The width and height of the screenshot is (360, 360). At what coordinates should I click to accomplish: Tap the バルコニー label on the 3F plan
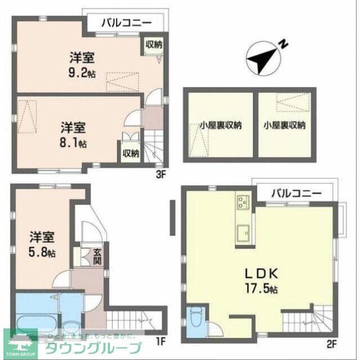click(127, 24)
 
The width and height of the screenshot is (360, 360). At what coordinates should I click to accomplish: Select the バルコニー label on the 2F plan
click(296, 193)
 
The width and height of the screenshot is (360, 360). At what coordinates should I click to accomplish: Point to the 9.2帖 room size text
click(81, 71)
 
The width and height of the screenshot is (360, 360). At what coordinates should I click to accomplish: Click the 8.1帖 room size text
click(73, 143)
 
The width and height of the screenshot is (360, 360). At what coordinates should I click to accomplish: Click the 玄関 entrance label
click(97, 258)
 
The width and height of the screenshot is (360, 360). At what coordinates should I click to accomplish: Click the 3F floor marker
click(161, 174)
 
